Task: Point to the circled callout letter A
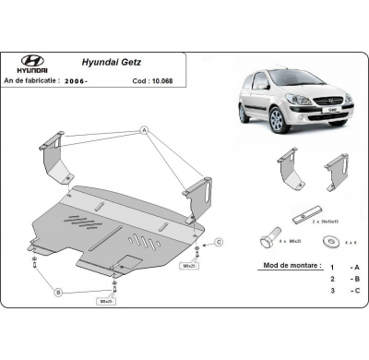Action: [x=144, y=131]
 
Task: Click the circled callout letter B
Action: [x=57, y=292]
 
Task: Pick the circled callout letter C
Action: [x=220, y=243]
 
